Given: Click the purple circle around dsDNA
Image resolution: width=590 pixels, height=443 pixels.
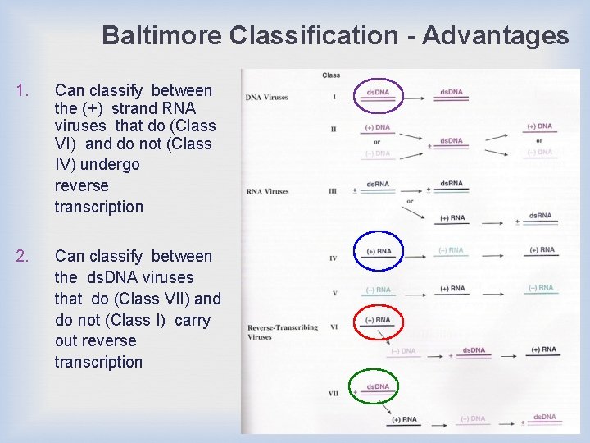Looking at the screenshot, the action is click(377, 95).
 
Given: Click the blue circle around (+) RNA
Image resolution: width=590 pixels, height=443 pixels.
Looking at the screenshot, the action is click(378, 253).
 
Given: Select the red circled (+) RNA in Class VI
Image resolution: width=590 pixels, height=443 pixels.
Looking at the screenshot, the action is click(378, 322).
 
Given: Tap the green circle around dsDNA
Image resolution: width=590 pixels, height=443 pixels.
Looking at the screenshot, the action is click(378, 388).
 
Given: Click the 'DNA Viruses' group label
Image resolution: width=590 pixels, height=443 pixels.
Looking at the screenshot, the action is click(266, 98).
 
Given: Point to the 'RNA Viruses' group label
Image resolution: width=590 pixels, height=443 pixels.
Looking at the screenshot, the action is click(267, 192).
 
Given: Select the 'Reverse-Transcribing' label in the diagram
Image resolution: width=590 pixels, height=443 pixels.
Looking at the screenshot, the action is click(283, 328).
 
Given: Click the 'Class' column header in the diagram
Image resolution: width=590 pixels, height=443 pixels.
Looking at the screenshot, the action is click(331, 75).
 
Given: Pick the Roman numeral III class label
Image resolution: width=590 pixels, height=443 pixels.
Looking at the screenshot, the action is click(334, 192).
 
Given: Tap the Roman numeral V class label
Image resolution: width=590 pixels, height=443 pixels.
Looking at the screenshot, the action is click(334, 293).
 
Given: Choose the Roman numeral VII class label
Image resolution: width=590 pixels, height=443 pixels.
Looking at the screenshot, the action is click(334, 394).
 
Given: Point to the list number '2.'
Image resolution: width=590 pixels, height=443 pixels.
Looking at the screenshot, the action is click(23, 257).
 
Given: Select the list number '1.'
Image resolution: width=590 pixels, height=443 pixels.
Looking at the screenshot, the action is click(23, 91).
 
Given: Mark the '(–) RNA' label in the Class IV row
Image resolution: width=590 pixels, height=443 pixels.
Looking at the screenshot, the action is click(449, 251).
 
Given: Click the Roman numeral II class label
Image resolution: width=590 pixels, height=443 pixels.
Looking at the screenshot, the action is click(334, 129).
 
